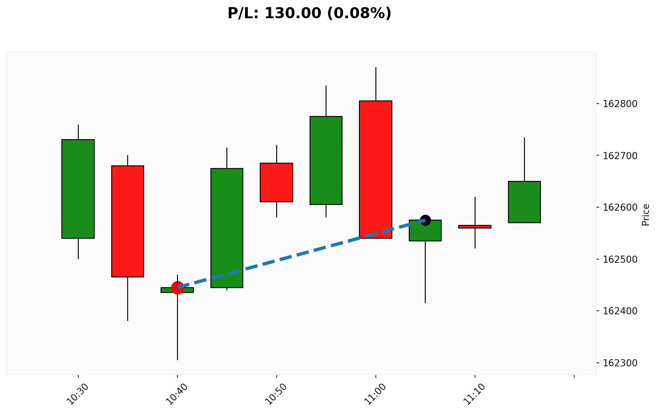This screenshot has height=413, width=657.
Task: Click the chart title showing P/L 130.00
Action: click(x=309, y=13)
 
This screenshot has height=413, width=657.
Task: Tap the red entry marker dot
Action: click(x=177, y=288)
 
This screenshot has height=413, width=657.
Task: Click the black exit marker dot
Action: click(x=425, y=220)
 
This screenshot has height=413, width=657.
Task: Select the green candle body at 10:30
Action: click(x=78, y=189)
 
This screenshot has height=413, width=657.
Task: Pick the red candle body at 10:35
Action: click(x=128, y=221)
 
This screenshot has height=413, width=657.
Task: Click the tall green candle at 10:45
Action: click(x=227, y=228)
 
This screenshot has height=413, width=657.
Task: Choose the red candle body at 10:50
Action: click(x=277, y=182)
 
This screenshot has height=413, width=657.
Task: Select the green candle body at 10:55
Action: click(x=326, y=160)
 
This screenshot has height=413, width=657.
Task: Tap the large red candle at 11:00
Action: click(x=376, y=169)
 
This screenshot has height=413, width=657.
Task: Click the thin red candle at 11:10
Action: click(x=475, y=227)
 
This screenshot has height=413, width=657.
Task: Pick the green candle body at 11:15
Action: click(x=524, y=202)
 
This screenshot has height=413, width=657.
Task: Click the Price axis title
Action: click(x=646, y=215)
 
